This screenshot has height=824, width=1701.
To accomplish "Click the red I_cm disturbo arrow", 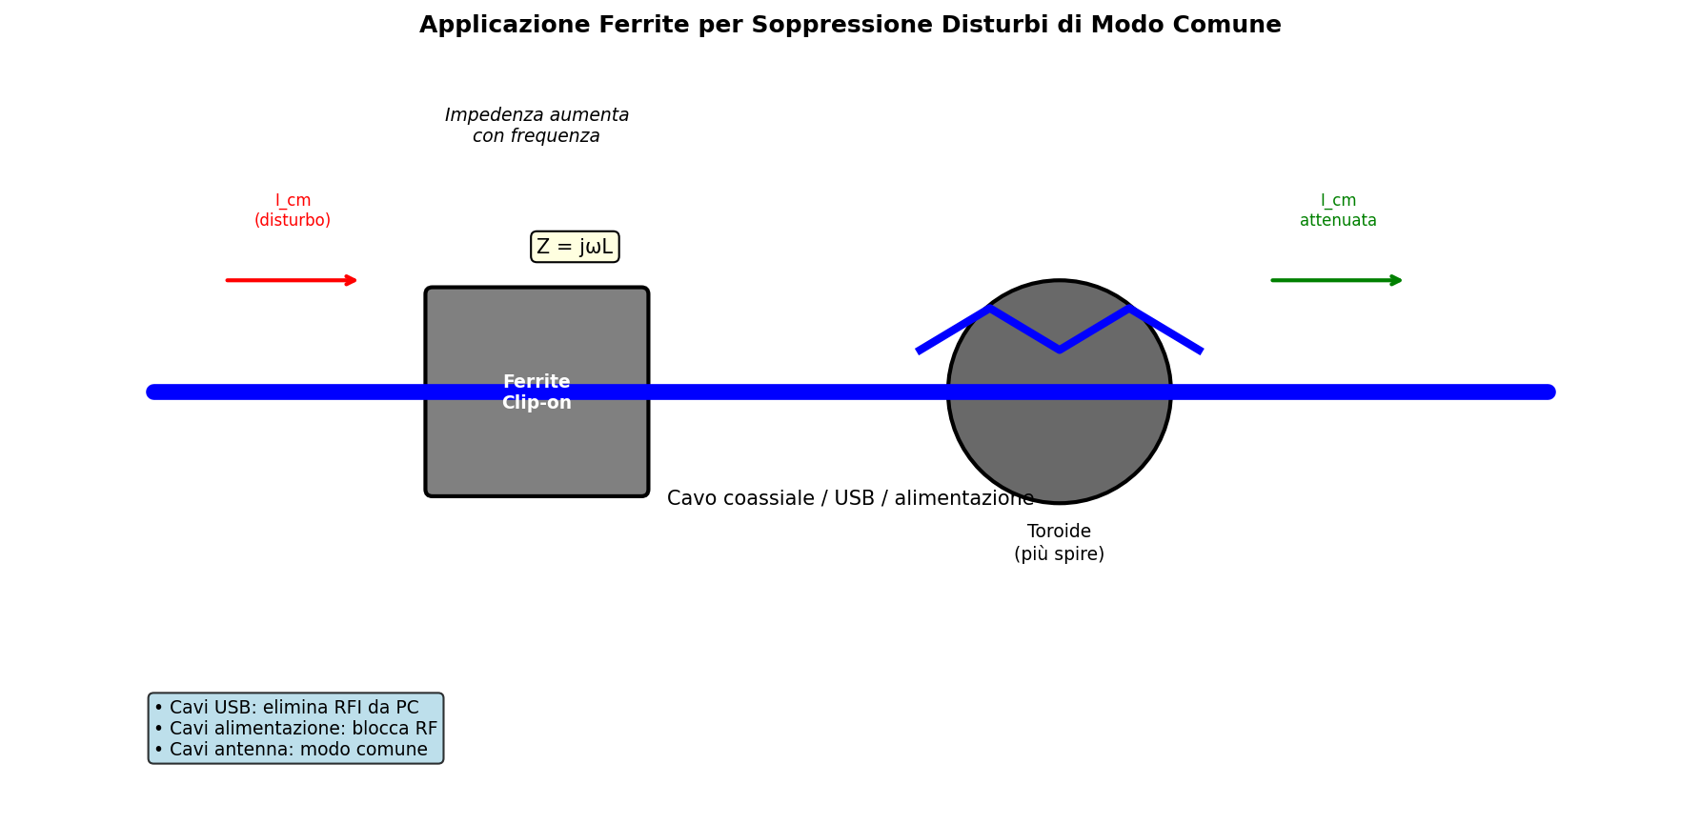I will click(292, 280).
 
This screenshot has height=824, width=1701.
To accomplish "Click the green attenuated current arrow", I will click(1337, 280).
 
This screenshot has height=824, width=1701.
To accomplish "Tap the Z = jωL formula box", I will click(575, 247).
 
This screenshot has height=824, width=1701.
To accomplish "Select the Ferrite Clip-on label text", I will click(537, 392).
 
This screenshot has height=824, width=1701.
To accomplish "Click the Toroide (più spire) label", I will click(1059, 543).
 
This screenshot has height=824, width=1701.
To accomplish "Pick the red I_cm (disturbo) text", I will click(293, 211).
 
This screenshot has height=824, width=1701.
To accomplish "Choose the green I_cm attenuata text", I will click(1338, 211).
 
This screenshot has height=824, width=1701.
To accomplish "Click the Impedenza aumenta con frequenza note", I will click(537, 126).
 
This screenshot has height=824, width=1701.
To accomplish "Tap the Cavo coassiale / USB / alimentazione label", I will click(850, 499).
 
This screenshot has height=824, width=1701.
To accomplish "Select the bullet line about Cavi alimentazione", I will click(295, 729).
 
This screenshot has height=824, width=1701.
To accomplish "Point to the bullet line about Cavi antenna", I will click(291, 750).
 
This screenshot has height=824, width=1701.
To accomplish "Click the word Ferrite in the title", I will click(643, 26).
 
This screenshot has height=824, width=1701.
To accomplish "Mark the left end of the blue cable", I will click(153, 392).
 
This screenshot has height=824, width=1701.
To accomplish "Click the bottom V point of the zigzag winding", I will click(1059, 350).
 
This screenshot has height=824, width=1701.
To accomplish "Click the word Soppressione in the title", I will click(815, 26).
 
